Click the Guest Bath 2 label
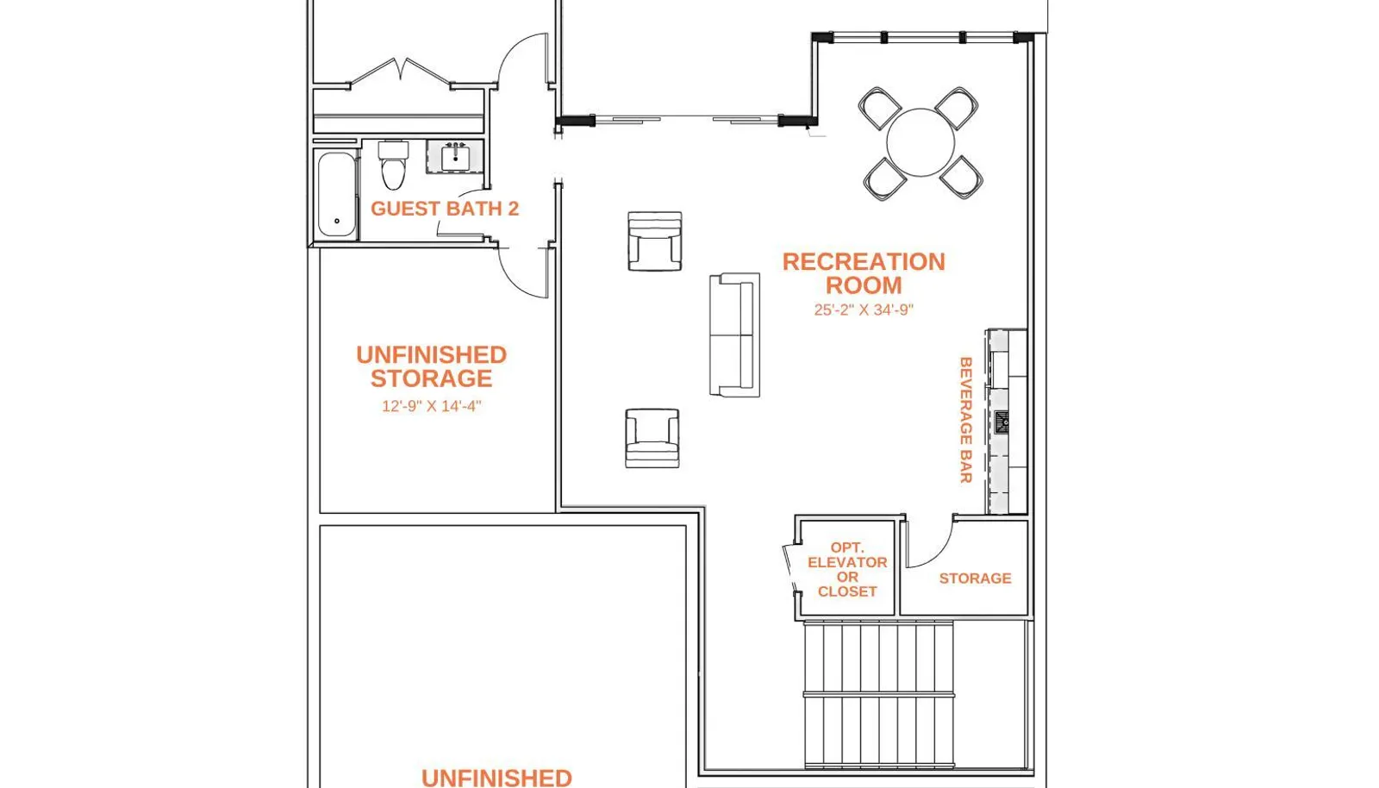pyautogui.click(x=445, y=209)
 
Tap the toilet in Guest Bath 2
pyautogui.click(x=393, y=165)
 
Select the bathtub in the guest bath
pyautogui.click(x=337, y=195)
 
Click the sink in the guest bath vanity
pyautogui.click(x=456, y=159)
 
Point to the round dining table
pyautogui.click(x=920, y=142)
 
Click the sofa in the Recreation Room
pyautogui.click(x=734, y=335)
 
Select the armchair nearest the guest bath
pyautogui.click(x=654, y=241)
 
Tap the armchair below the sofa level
pyautogui.click(x=652, y=438)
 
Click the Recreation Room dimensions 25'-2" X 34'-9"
pyautogui.click(x=864, y=310)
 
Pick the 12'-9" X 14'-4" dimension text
pyautogui.click(x=432, y=406)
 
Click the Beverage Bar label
pyautogui.click(x=965, y=420)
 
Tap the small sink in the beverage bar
pyautogui.click(x=1001, y=423)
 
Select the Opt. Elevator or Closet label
pyautogui.click(x=847, y=570)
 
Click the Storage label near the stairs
pyautogui.click(x=975, y=578)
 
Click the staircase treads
pyautogui.click(x=879, y=694)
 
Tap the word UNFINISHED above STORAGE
pyautogui.click(x=432, y=355)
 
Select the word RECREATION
pyautogui.click(x=864, y=262)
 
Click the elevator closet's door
pyautogui.click(x=789, y=568)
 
